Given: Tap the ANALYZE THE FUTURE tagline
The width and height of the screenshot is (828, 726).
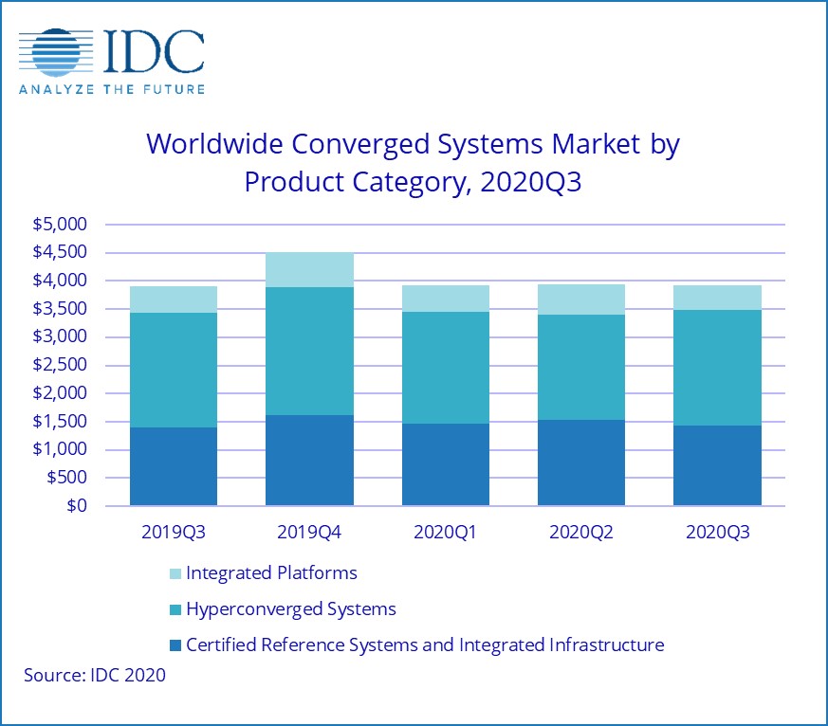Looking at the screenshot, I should click(x=111, y=88).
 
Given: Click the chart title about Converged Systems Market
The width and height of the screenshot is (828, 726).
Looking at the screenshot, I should click(x=413, y=162).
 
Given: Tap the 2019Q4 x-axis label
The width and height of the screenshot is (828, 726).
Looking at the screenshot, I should click(x=309, y=533).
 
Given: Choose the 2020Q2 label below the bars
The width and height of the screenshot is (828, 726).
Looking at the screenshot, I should click(x=581, y=533).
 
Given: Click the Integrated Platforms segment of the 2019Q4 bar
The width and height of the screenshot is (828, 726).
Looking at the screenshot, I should click(x=309, y=270).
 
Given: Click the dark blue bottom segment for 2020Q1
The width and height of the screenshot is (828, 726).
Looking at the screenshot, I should click(x=446, y=464).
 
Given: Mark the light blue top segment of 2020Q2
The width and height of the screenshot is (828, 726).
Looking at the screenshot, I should click(x=581, y=299).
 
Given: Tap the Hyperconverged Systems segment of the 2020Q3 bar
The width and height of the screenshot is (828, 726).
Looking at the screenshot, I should click(x=718, y=368).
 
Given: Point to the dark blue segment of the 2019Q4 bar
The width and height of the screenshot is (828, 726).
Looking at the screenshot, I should click(x=309, y=460).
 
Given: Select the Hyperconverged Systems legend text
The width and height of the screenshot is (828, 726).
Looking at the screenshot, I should click(x=290, y=608).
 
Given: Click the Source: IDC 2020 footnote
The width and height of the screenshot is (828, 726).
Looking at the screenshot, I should click(x=95, y=675).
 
